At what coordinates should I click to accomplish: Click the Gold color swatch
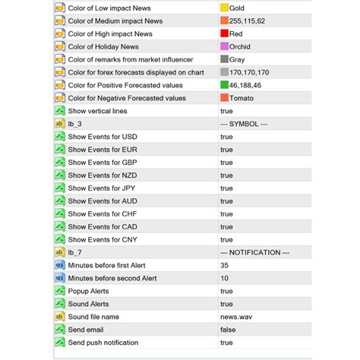pos(224,8)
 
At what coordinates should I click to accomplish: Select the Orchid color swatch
pos(224,46)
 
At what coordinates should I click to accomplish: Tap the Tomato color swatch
pos(224,98)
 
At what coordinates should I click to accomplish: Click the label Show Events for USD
pos(103,137)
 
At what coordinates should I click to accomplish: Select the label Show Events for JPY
pos(103,188)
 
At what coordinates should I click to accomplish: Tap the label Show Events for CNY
pos(103,239)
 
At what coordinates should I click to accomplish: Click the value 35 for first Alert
pos(225,265)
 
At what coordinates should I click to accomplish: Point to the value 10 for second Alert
pos(225,278)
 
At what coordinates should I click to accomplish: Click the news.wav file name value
pos(236,317)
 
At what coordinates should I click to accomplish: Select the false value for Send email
pos(228,330)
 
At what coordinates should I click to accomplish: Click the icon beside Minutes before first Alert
pos(60,265)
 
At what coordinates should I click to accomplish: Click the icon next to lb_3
pos(60,124)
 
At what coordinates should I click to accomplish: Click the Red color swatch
pos(224,33)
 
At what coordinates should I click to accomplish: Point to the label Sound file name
pos(93,317)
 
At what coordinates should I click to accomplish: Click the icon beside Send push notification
pos(60,343)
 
